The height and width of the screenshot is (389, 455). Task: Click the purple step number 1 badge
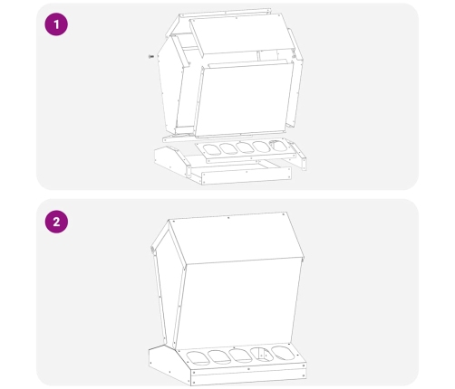point(56,24)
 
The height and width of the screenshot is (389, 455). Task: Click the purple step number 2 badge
point(56,222)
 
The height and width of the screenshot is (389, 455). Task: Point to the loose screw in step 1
point(151,56)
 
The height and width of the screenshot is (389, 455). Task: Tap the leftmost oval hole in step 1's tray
point(211,149)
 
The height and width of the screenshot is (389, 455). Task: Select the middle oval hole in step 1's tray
point(244,147)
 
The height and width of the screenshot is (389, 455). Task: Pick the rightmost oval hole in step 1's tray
point(276,146)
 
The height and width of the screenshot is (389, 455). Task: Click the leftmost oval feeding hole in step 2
point(198,357)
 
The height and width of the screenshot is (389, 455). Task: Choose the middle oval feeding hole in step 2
point(240,355)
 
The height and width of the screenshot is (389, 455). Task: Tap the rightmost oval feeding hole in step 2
point(283,353)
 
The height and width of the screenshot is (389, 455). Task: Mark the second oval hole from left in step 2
point(219,356)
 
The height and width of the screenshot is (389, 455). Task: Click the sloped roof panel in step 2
point(237,238)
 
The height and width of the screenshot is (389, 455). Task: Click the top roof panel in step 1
point(242,35)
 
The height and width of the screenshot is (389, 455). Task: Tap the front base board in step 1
point(247,176)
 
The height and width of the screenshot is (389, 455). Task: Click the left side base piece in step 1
point(172,161)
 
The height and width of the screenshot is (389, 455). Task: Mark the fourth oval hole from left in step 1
point(260,147)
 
